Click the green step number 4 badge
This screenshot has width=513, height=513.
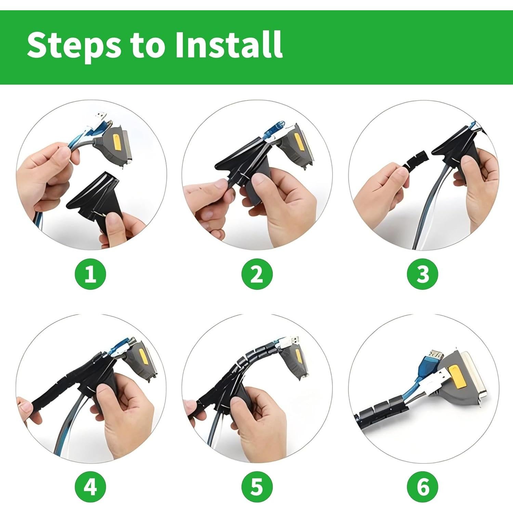click(x=90, y=486)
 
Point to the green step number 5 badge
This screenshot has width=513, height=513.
click(x=257, y=486)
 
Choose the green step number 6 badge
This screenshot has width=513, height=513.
click(x=423, y=486)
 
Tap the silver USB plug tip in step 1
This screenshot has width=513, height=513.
click(x=101, y=115)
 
